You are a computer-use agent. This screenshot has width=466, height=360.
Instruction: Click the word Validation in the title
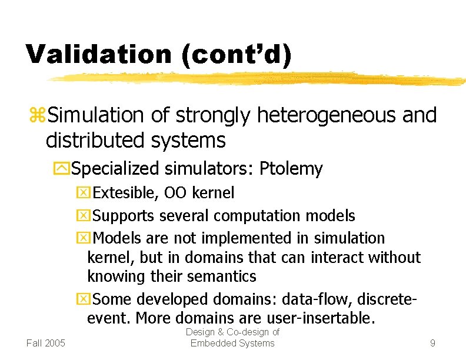point(98,54)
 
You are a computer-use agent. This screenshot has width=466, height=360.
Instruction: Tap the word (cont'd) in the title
point(236,54)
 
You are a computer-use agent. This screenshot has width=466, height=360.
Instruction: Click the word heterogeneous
point(327,115)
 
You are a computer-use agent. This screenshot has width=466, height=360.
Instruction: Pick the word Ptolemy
point(292,169)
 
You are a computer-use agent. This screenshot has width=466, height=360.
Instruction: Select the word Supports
point(124,216)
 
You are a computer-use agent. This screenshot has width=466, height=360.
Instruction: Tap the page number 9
point(432,343)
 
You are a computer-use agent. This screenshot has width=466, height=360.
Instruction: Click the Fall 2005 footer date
point(46,343)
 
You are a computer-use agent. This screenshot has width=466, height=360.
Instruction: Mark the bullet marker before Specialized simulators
point(64,169)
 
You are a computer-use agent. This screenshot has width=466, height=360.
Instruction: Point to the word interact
point(334,257)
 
